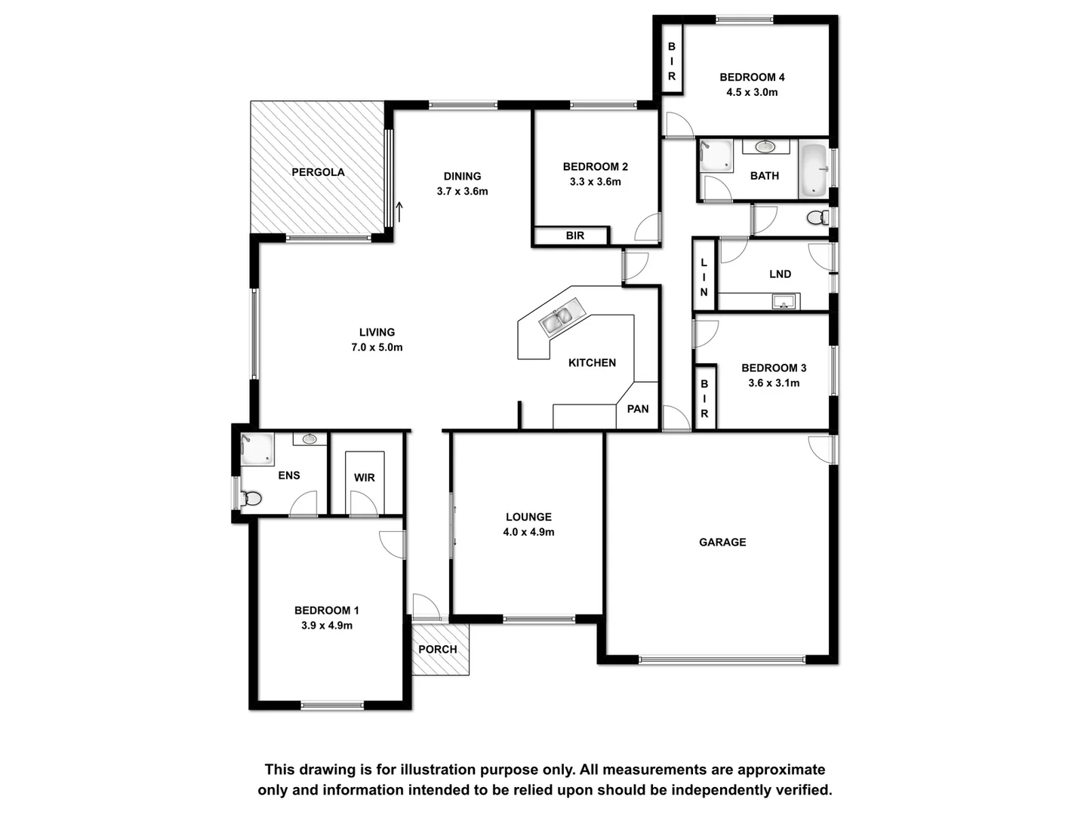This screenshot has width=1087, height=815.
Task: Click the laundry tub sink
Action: click(784, 302)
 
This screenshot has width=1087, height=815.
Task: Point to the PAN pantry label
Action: click(638, 409)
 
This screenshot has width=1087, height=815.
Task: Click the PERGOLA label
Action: click(318, 172)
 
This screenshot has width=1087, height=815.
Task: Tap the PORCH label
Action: click(438, 649)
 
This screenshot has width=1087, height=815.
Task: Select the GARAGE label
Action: click(722, 542)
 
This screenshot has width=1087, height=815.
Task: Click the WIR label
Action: click(365, 478)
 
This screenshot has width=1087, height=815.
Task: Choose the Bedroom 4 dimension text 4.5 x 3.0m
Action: click(752, 92)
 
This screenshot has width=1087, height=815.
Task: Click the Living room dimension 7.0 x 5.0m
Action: click(377, 348)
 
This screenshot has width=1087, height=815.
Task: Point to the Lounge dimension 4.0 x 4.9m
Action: click(528, 532)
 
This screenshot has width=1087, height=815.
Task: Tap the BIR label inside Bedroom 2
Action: click(575, 235)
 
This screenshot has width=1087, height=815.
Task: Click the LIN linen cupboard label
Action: click(704, 277)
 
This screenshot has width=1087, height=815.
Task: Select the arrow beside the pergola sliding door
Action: click(399, 210)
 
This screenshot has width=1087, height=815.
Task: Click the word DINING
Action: click(462, 177)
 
